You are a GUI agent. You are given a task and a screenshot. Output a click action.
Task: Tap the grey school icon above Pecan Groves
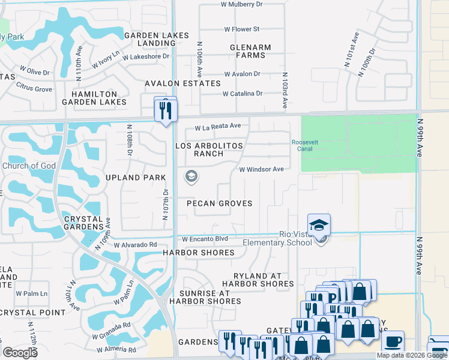(192, 176)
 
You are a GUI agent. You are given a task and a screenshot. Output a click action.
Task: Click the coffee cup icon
(393, 342)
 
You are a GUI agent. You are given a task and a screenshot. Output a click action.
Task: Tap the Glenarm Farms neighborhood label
(250, 51)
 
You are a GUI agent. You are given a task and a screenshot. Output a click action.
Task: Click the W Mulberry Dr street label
(241, 4)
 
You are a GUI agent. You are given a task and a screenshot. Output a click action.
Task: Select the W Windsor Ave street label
(261, 170)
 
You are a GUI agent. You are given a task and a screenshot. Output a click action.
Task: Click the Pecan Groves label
(219, 203)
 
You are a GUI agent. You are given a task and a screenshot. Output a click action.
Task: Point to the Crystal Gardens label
(84, 223)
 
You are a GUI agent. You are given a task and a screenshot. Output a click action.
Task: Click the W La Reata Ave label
(218, 127)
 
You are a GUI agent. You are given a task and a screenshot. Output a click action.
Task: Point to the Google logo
(20, 353)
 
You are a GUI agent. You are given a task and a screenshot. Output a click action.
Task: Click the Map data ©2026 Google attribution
(412, 355)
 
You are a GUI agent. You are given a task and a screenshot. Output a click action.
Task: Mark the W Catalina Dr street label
(243, 94)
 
